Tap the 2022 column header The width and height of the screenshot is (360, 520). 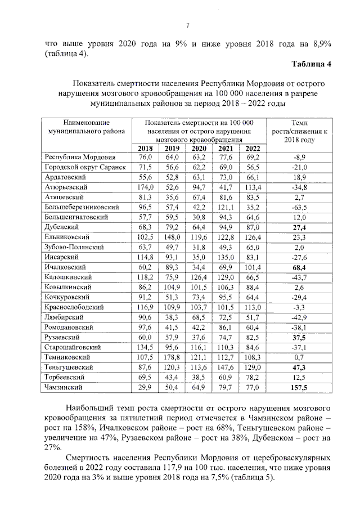(x=253, y=148)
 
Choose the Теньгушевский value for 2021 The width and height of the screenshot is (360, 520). (x=226, y=367)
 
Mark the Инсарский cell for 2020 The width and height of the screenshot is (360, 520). (x=199, y=257)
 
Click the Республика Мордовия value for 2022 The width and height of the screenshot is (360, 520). (x=253, y=158)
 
